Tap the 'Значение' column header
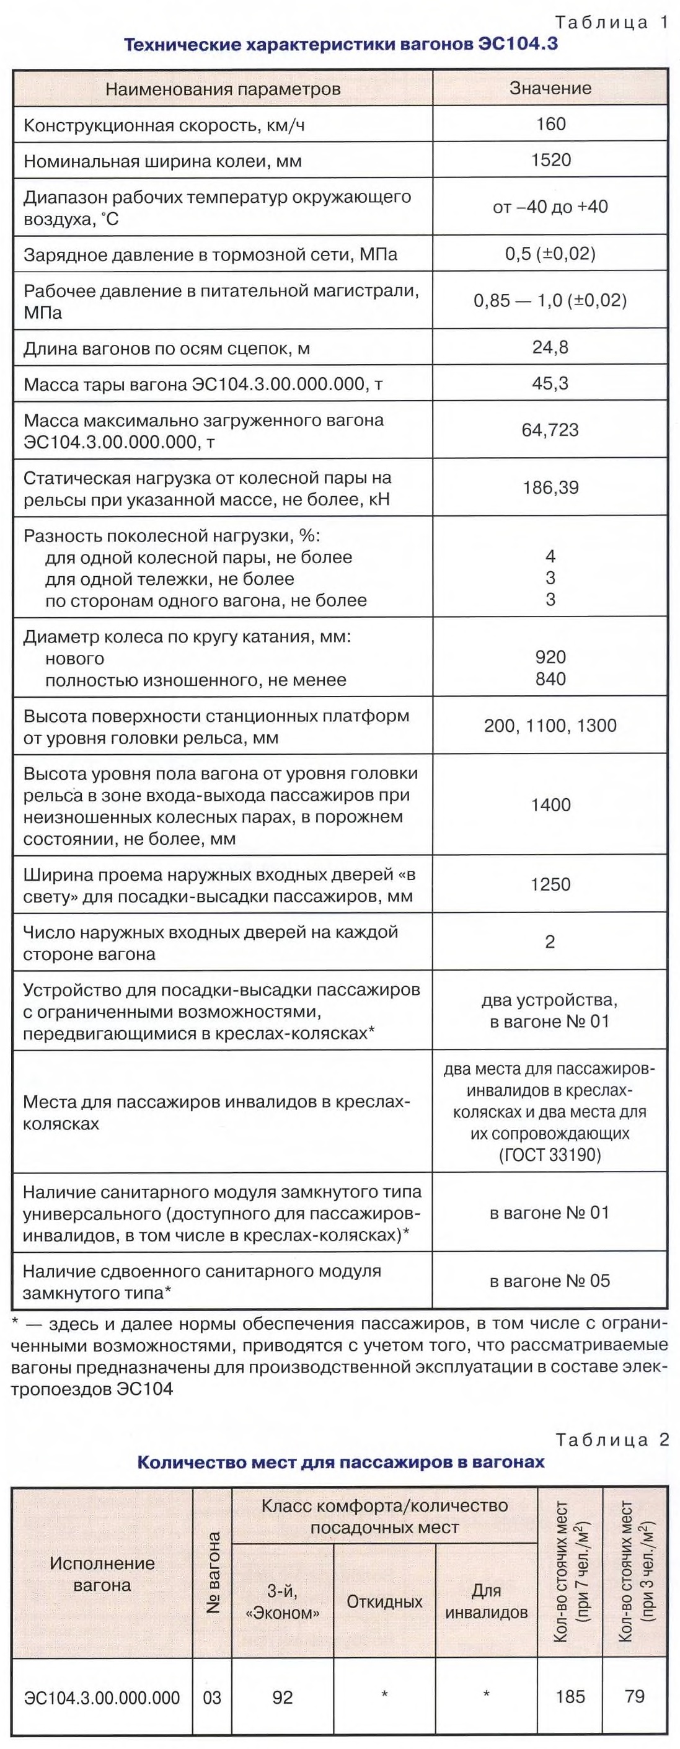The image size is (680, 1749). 550,88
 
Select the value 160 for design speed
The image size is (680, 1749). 550,124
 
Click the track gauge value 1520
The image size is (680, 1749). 550,160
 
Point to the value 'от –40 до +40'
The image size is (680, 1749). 550,207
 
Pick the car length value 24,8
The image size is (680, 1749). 550,347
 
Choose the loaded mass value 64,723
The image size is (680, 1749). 550,430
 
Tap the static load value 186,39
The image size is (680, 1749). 550,487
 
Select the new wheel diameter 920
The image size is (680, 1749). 550,657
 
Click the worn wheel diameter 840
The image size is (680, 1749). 550,679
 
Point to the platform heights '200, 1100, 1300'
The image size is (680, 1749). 550,726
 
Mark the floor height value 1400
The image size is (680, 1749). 550,805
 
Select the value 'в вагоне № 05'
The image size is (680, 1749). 550,1281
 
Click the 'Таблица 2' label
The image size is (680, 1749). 613,1439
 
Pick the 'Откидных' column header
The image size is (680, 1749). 384,1601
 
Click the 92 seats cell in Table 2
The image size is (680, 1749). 282,1697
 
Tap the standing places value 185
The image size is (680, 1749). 570,1697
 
